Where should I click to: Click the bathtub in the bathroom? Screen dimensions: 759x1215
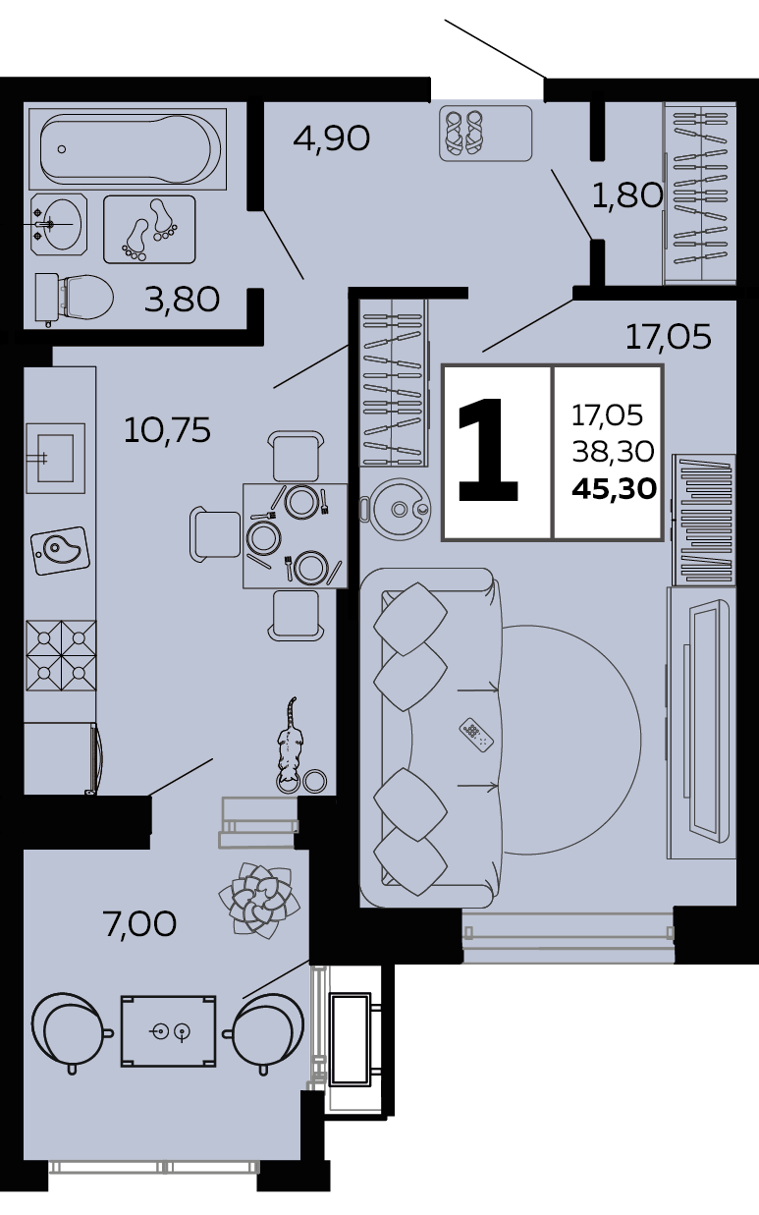click(x=128, y=148)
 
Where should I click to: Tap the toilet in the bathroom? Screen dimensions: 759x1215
click(x=74, y=298)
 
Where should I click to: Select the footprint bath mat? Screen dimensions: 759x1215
click(x=149, y=230)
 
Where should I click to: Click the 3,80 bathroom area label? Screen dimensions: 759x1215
click(x=182, y=300)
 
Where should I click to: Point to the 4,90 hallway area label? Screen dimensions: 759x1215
click(x=331, y=138)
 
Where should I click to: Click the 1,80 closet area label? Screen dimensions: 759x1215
click(x=627, y=195)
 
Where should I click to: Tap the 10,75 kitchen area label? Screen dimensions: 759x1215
click(x=167, y=430)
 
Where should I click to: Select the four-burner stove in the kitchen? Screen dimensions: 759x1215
click(x=61, y=655)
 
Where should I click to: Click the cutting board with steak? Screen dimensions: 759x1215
click(x=60, y=551)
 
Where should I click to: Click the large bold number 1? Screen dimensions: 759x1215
click(x=488, y=450)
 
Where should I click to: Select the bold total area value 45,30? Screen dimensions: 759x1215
click(x=615, y=489)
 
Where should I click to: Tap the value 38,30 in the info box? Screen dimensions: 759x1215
click(x=613, y=451)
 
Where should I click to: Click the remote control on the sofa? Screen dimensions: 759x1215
click(x=476, y=735)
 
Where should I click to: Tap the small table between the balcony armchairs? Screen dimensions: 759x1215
click(x=168, y=1031)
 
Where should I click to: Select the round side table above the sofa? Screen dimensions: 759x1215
click(x=399, y=510)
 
